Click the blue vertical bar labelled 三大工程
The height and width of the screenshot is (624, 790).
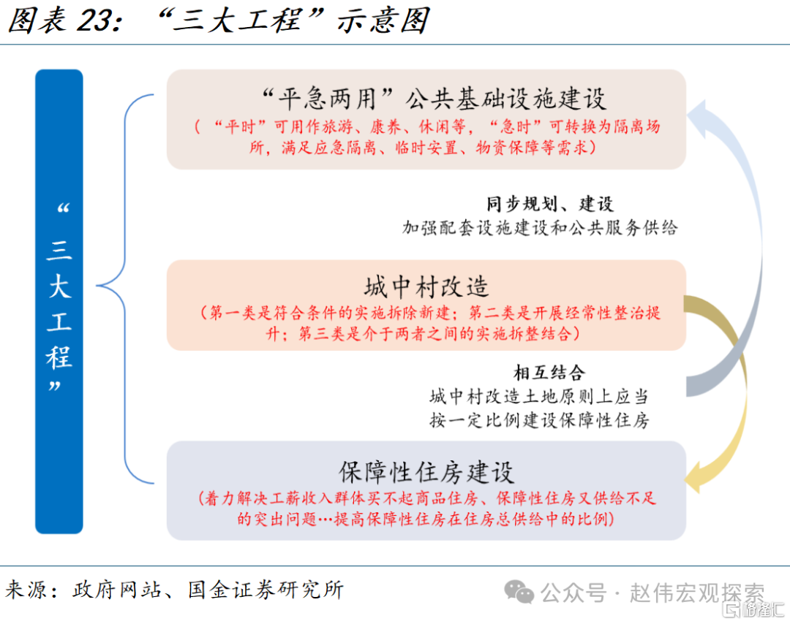(59, 301)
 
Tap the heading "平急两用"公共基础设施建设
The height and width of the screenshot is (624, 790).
(434, 98)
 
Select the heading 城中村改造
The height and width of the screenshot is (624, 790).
(426, 287)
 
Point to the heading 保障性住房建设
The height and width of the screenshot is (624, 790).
(426, 473)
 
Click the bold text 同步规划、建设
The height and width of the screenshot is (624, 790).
(549, 205)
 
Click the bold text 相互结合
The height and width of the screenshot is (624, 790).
(549, 373)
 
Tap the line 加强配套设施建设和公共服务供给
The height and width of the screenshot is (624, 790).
(540, 228)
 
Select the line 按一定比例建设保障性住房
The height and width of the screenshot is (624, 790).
(539, 420)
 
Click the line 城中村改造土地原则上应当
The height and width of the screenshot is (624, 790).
(539, 397)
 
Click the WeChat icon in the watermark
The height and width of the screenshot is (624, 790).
(519, 592)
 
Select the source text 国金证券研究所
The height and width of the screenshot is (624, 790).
(266, 590)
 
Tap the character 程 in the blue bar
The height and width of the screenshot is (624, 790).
(59, 357)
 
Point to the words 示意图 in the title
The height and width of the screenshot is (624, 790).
(383, 20)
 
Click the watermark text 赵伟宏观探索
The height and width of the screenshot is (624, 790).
(697, 593)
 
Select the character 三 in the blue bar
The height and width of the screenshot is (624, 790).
(59, 251)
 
